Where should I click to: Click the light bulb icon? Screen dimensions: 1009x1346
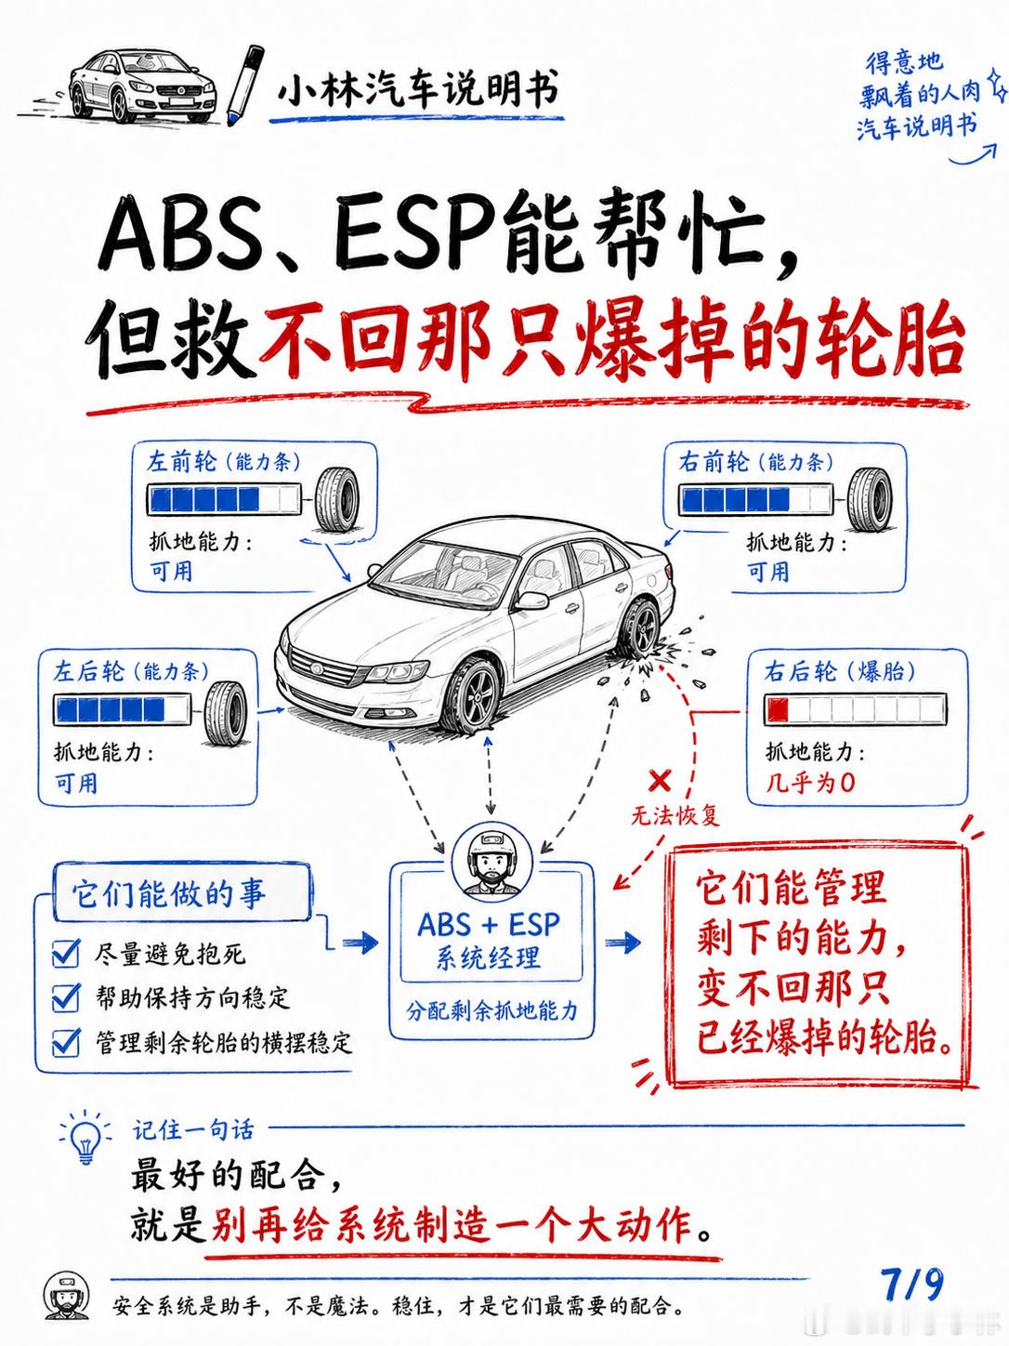coord(85,1139)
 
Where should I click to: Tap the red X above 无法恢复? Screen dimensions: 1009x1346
coord(659,781)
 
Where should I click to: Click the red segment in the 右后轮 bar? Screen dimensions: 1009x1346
coord(777,709)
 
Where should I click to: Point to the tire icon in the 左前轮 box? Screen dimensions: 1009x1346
coord(337,500)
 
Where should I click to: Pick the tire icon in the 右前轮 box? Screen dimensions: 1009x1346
coord(870,498)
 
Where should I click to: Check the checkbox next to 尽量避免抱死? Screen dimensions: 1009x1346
coord(66,954)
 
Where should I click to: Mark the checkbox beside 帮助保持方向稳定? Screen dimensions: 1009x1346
coord(66,997)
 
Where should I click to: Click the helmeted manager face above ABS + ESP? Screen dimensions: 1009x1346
coord(491,861)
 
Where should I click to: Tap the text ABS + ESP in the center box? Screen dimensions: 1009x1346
coord(489,925)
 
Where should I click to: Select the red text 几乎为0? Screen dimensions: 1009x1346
coord(810,783)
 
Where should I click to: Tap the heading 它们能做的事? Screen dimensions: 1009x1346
coord(169,893)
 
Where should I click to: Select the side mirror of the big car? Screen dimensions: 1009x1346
coord(531,600)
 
